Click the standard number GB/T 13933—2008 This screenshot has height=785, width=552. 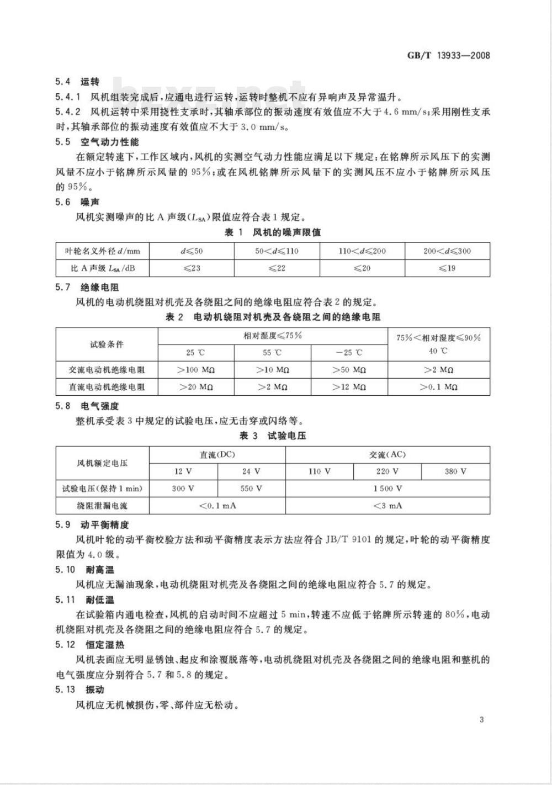448,55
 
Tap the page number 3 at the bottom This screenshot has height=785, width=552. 482,719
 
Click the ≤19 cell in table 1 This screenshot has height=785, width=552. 447,268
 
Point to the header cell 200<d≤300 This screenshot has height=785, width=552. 447,251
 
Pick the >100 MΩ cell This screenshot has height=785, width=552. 196,370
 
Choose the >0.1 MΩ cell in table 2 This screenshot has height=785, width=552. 439,387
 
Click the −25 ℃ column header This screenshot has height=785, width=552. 349,353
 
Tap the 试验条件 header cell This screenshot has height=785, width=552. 107,344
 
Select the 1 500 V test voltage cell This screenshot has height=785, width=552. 387,489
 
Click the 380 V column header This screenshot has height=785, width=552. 455,471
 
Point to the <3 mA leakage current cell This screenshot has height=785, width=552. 387,506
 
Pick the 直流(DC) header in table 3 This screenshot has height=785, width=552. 217,455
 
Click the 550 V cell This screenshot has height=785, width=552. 251,489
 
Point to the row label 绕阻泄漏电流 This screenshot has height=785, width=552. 102,506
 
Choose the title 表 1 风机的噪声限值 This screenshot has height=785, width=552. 273,232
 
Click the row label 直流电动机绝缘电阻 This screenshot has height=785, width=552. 107,387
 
